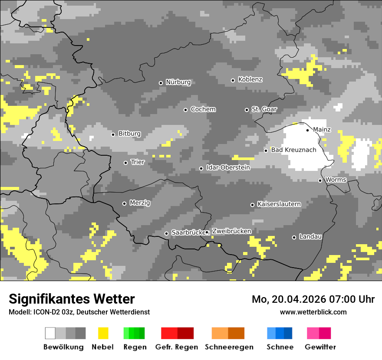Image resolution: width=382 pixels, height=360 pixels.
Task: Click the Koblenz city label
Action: [250, 79]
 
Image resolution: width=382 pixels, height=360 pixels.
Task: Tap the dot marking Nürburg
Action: [161, 83]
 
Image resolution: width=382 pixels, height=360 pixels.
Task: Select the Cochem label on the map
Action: [203, 109]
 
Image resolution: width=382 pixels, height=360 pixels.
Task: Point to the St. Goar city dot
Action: [247, 110]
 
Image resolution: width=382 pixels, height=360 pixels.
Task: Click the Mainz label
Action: [322, 130]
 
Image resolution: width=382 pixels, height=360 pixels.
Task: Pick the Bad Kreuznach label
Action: [293, 150]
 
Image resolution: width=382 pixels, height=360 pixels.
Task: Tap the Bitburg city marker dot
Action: [113, 134]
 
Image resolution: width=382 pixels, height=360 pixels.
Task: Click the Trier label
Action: [138, 162]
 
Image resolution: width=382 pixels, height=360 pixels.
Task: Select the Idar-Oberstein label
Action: [228, 167]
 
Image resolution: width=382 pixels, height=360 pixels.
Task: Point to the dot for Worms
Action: [320, 180]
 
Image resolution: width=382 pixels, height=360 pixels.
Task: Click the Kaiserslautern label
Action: [279, 204]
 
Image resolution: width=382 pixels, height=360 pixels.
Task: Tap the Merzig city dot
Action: [124, 203]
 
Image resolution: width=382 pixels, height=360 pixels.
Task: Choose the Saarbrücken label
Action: [188, 232]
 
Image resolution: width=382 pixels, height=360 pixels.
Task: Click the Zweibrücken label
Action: [231, 231]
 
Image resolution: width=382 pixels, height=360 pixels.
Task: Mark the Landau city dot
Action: [294, 237]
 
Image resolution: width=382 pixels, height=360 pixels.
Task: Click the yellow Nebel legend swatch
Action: [103, 333]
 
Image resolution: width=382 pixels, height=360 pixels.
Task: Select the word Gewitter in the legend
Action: [320, 347]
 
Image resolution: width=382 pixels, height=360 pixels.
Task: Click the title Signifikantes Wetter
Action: [72, 299]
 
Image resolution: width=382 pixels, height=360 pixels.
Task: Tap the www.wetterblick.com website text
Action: [313, 312]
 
